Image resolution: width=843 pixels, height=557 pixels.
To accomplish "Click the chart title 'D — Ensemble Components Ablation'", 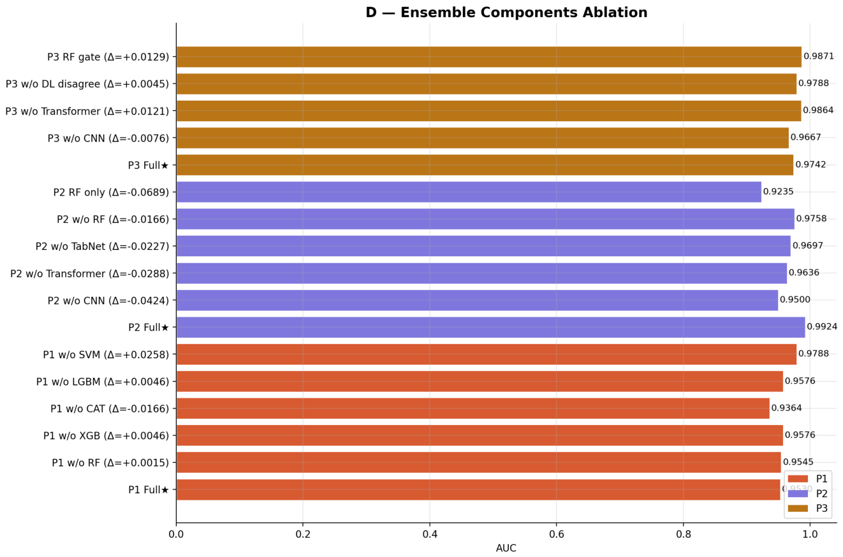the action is point(506,12).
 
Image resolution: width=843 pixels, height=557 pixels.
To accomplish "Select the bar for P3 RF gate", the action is point(489,57).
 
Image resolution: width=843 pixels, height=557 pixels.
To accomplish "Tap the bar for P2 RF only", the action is point(469,192).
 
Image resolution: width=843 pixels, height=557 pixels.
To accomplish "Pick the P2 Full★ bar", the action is point(491,327).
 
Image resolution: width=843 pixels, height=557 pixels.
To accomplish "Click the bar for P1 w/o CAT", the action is point(473,409).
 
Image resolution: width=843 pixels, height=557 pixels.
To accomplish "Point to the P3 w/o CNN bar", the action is point(483,138).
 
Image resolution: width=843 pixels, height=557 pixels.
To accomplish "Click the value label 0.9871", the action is point(819,57).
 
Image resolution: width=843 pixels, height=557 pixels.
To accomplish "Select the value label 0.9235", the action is point(778,191).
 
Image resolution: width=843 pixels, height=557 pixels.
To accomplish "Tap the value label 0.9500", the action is point(795,300).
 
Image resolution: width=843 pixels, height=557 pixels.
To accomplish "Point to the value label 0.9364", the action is point(786,408).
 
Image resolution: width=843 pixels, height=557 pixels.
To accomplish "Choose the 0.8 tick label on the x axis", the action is point(684,535).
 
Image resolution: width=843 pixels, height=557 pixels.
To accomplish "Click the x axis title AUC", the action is point(506,548).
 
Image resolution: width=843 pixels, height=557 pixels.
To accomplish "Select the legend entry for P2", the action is point(808,493).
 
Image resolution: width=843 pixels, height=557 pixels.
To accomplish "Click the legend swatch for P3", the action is point(798,509).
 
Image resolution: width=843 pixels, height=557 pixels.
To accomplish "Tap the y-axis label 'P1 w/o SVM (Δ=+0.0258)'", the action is point(106,355).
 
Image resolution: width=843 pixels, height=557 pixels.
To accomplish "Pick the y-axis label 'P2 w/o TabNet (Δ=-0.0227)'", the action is point(103,247).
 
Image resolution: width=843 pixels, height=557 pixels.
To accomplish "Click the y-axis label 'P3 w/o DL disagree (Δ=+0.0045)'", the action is point(87,84).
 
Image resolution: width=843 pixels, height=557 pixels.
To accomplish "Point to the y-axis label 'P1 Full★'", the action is point(149,489).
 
